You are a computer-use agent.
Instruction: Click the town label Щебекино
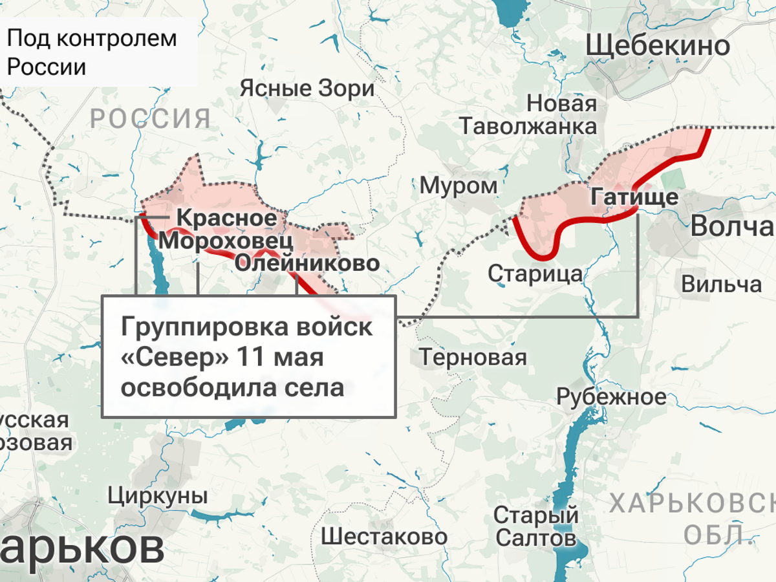click(x=658, y=46)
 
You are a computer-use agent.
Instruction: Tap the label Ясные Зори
click(x=307, y=89)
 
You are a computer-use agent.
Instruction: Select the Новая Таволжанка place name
click(x=528, y=114)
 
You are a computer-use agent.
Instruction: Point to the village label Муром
click(x=459, y=186)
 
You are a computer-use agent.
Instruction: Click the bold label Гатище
click(x=634, y=197)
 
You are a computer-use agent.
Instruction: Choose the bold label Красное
click(x=226, y=219)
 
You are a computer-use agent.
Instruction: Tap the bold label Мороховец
click(x=226, y=241)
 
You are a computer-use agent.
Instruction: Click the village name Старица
click(x=535, y=274)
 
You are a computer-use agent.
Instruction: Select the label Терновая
click(x=473, y=356)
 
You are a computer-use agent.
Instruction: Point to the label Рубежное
click(x=611, y=396)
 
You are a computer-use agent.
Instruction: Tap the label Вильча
click(x=721, y=284)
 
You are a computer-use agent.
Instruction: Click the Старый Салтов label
click(x=535, y=526)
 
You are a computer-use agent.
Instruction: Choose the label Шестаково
click(x=384, y=536)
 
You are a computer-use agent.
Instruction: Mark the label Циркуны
click(x=158, y=496)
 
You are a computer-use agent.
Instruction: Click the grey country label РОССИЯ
click(x=150, y=119)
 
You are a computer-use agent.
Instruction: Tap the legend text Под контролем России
click(x=91, y=52)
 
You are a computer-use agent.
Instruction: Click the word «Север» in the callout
click(x=175, y=357)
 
